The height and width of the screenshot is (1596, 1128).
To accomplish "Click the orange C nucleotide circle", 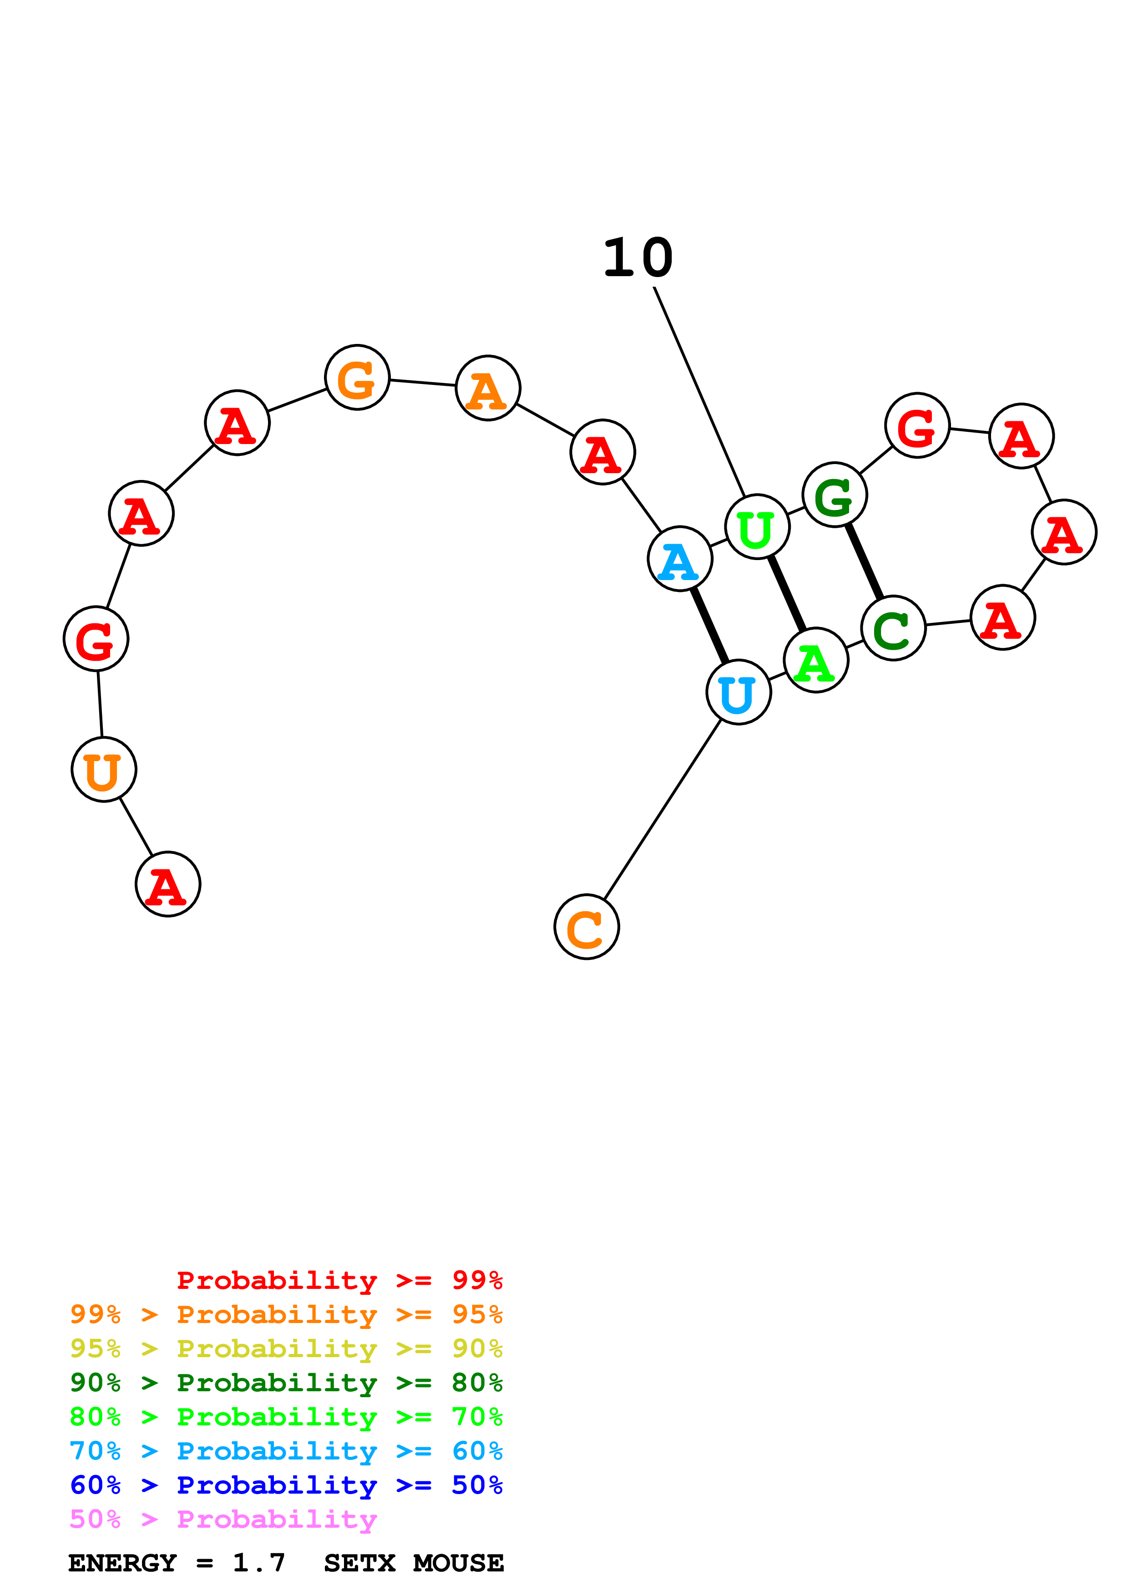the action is point(587,927).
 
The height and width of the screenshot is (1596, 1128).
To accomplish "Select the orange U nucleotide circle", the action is point(104,769).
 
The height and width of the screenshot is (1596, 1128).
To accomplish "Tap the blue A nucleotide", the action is point(680,559).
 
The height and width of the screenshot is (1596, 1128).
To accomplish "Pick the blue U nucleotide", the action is point(738,692).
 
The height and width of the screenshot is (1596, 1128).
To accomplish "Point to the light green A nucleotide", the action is point(816,660).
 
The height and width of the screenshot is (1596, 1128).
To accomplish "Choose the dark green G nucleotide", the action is point(835,495).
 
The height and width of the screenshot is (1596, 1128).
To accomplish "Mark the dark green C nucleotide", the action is point(893,628).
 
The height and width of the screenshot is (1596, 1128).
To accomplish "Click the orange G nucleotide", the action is point(357,378).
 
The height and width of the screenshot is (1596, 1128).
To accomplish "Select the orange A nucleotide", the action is point(488,388).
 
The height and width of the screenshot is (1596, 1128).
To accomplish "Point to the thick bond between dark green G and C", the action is point(864,562).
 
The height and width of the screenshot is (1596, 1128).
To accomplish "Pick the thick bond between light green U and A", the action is point(787,594).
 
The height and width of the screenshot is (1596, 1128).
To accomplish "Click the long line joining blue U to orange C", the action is point(663,810).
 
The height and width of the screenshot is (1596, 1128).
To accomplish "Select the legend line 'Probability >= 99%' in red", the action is point(339,1280).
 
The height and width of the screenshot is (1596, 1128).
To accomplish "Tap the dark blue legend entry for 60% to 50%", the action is point(286,1485).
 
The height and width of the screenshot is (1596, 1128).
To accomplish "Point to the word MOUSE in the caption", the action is point(458,1563).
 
